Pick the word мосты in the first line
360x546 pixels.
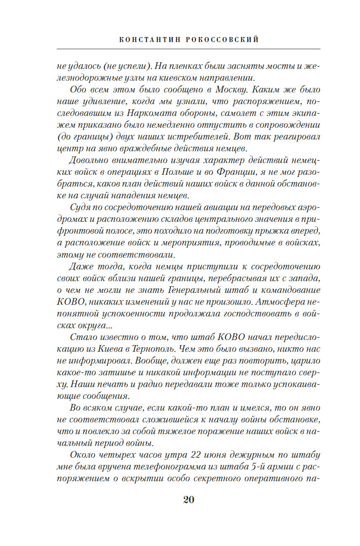point(284,66)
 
